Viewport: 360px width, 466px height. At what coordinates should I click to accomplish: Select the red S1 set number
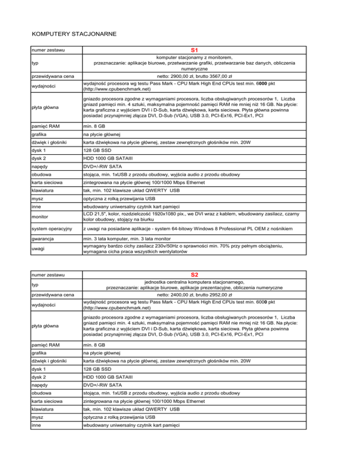(195, 49)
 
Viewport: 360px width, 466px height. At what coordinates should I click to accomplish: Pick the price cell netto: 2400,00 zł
(195, 295)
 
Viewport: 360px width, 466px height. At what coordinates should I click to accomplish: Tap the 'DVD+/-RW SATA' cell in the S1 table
(103, 166)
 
